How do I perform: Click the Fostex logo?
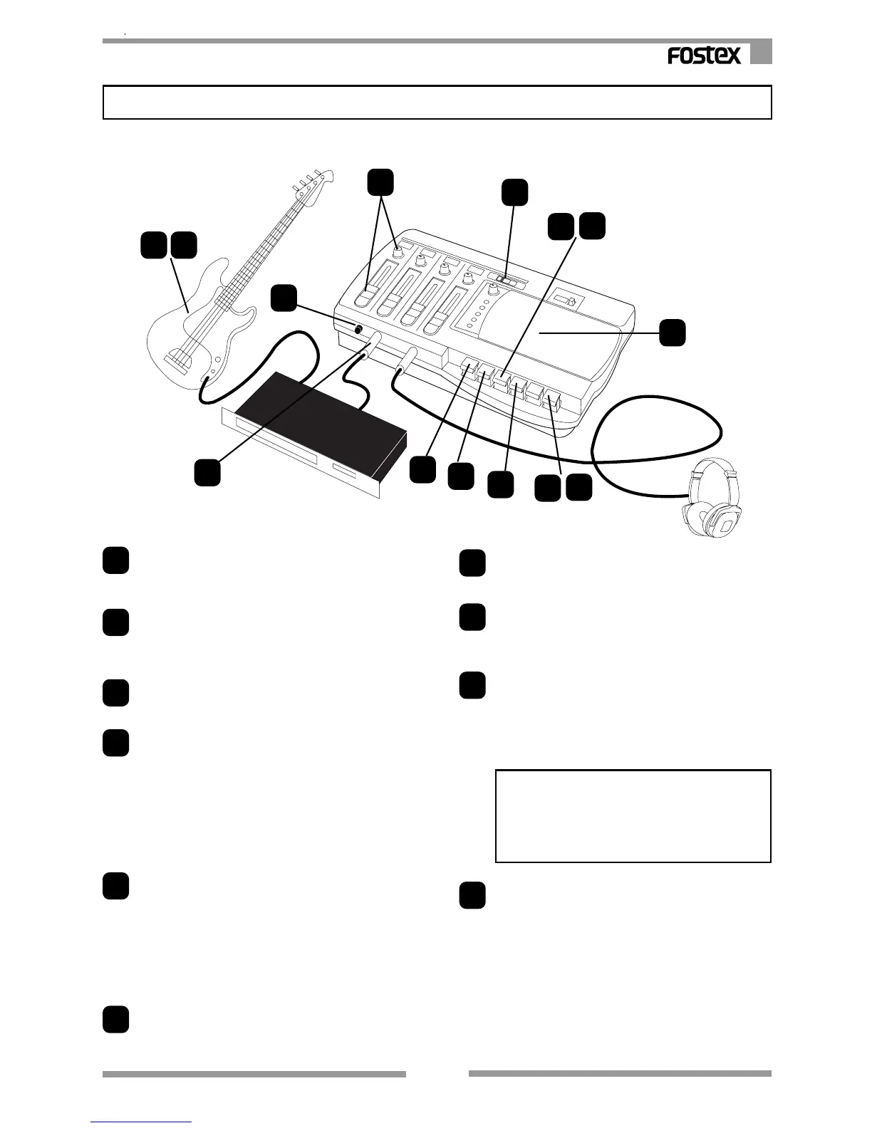point(704,56)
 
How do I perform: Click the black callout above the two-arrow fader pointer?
point(380,182)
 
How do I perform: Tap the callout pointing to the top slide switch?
point(514,193)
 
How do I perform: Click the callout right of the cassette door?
point(672,333)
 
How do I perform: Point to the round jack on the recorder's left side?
point(358,330)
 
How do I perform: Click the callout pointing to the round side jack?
point(284,298)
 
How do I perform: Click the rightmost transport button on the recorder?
point(552,403)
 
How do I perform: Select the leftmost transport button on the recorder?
point(467,371)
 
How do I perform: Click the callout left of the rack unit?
point(207,473)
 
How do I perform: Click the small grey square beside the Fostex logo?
point(761,53)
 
